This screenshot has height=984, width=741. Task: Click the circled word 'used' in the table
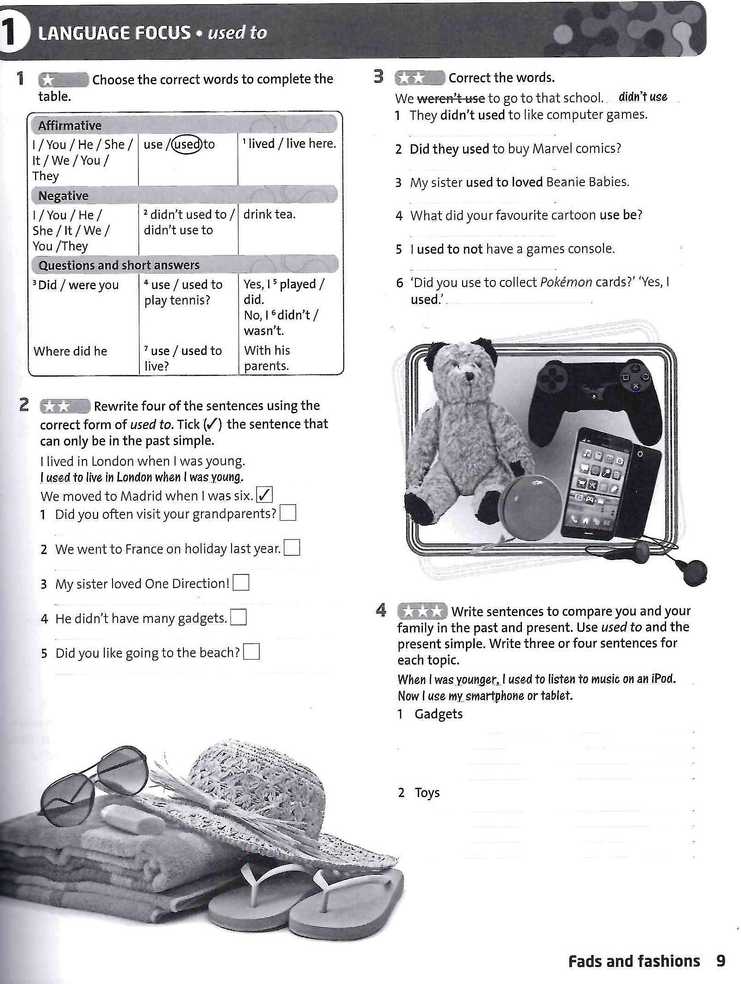point(187,144)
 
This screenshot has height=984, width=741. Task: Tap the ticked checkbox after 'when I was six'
point(264,495)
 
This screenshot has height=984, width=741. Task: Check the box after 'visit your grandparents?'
point(288,513)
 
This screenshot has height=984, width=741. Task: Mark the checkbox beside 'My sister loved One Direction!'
point(241,583)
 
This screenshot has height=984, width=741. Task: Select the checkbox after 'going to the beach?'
point(251,652)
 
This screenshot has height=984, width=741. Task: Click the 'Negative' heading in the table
point(63,196)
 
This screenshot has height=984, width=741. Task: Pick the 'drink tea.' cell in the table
point(270,214)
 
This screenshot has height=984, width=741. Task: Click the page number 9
point(721,961)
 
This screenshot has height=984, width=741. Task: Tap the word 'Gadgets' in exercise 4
point(439,714)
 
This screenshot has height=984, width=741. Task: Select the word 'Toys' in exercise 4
point(427,792)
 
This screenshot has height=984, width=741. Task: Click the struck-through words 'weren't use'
point(451,98)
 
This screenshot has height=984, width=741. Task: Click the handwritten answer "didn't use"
point(643,97)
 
